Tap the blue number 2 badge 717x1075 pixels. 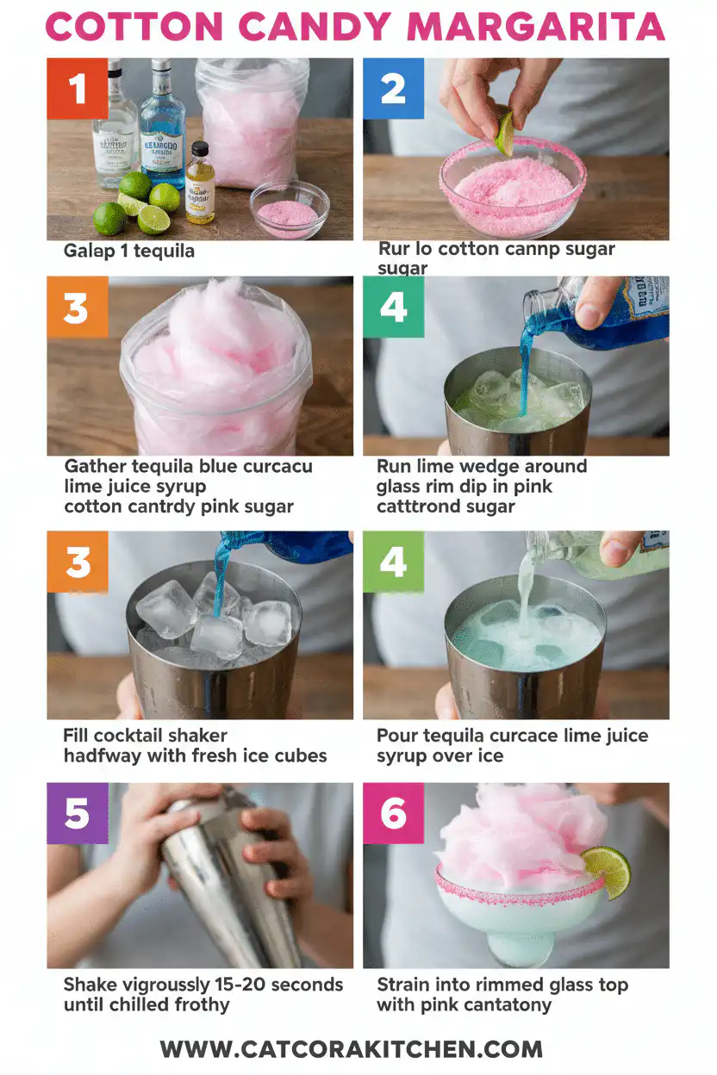393,89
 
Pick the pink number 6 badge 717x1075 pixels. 393,813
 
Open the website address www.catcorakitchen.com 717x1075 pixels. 351,1049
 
